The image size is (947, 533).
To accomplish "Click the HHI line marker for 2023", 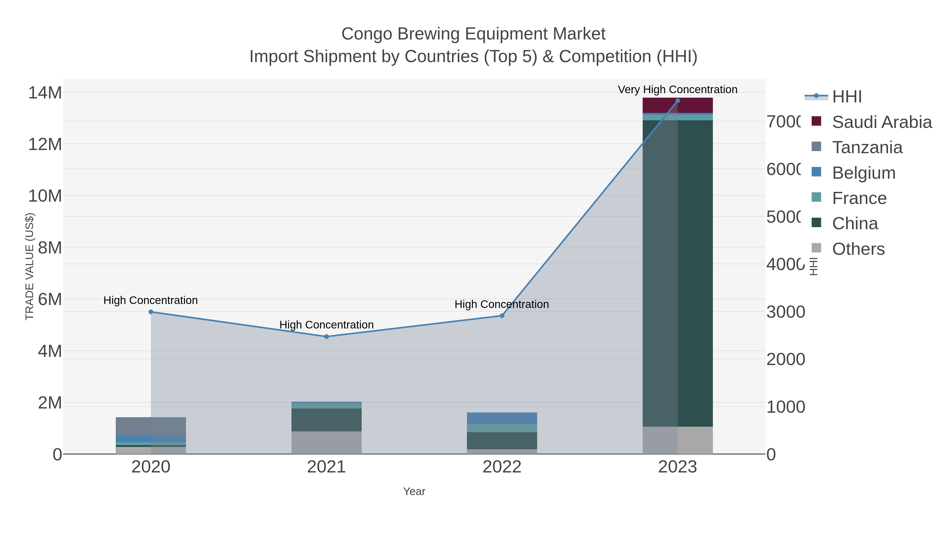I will pyautogui.click(x=678, y=101).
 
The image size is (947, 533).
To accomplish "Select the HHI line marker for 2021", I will pyautogui.click(x=326, y=337).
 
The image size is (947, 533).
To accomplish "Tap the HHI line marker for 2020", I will pyautogui.click(x=151, y=312).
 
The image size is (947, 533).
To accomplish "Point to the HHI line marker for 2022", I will pyautogui.click(x=502, y=316).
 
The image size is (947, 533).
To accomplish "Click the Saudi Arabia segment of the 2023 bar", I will pyautogui.click(x=678, y=106).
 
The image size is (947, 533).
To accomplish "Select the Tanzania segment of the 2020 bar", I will pyautogui.click(x=151, y=426).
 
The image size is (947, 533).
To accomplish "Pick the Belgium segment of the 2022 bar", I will pyautogui.click(x=502, y=418).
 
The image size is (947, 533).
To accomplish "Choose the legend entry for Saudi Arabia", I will pyautogui.click(x=881, y=122).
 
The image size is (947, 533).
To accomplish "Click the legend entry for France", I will pyautogui.click(x=859, y=198).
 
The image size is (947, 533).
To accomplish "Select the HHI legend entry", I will pyautogui.click(x=846, y=97).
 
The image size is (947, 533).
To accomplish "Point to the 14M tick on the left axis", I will pyautogui.click(x=45, y=93).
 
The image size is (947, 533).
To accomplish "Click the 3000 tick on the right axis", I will pyautogui.click(x=785, y=312).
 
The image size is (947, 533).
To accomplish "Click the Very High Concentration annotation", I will pyautogui.click(x=678, y=89).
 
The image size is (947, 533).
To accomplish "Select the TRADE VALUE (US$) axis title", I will pyautogui.click(x=29, y=267).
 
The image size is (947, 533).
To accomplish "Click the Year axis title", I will pyautogui.click(x=414, y=491).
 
